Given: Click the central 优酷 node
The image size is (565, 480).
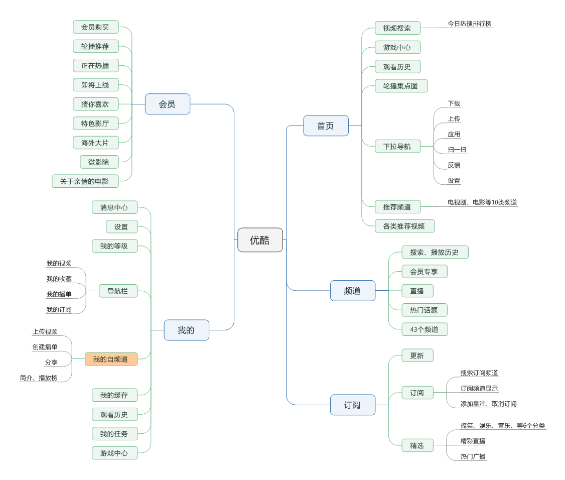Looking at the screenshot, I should (x=260, y=240).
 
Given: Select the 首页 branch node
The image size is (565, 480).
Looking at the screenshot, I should (x=326, y=126).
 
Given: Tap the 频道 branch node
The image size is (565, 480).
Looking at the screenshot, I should (x=352, y=291).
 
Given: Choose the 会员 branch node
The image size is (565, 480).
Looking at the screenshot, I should (x=167, y=104).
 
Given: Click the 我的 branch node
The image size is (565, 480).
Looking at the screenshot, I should (x=186, y=330).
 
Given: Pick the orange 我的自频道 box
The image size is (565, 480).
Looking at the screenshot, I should (x=111, y=359).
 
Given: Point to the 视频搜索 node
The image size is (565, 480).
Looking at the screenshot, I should (x=397, y=28).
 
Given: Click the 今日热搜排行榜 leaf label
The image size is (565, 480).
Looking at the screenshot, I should (x=470, y=24).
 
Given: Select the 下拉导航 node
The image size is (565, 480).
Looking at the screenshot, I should (x=397, y=147).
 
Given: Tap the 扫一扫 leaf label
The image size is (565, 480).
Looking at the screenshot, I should (x=457, y=150).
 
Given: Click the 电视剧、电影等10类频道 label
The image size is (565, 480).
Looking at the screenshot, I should (x=482, y=202).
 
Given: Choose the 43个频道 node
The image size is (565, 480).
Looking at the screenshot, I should (x=425, y=329).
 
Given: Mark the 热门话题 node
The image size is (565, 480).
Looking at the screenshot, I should (x=424, y=310).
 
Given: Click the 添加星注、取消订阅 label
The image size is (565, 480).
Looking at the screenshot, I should (x=489, y=404).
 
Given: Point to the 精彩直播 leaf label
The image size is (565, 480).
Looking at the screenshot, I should (x=473, y=441).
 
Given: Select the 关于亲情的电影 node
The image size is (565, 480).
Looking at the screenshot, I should (x=85, y=181).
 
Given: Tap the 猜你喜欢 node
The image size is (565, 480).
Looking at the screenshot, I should (x=95, y=104).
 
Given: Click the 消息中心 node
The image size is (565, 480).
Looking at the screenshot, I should (x=114, y=207).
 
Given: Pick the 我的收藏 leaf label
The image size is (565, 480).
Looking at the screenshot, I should (x=59, y=279).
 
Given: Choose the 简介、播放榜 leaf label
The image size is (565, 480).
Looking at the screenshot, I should (x=39, y=378).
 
